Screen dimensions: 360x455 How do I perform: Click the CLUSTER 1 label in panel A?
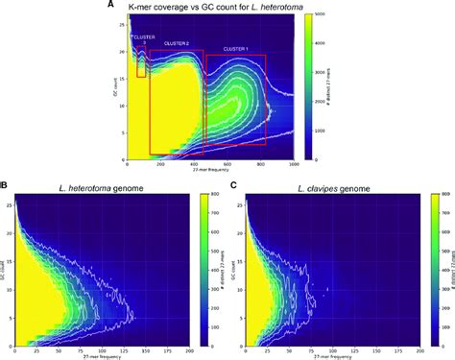click(235, 48)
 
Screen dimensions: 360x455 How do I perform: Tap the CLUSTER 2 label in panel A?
click(176, 43)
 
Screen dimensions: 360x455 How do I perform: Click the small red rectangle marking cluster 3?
click(142, 65)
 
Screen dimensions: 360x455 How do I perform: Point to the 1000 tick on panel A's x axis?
click(295, 165)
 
